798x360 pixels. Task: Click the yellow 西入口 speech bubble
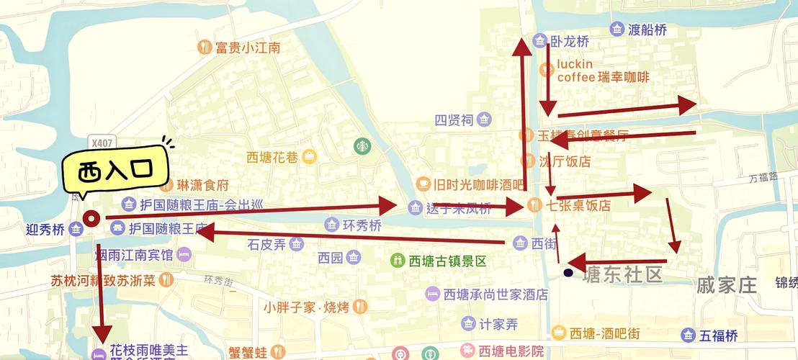click(x=115, y=171)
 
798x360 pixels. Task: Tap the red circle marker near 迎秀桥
click(x=91, y=217)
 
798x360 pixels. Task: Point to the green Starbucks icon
click(x=361, y=146)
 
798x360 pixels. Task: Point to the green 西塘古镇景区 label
click(x=438, y=260)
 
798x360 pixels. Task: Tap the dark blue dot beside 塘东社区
click(x=568, y=273)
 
